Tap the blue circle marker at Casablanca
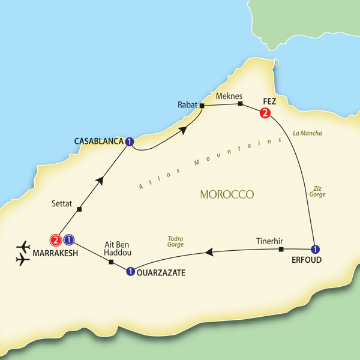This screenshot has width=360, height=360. tap(129, 142)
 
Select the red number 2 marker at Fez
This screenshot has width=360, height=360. tap(263, 113)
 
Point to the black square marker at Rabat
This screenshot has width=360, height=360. tap(202, 106)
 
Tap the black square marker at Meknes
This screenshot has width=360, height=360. tap(239, 104)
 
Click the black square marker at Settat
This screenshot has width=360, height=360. tap(80, 209)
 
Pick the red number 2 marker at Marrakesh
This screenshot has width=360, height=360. tap(55, 240)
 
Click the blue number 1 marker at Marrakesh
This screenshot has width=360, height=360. tap(69, 240)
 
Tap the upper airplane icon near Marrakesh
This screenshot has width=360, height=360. tap(25, 246)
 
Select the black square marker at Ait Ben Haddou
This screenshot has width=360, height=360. tap(110, 262)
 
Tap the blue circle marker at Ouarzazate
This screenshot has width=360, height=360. tap(130, 272)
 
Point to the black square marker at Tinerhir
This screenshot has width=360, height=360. tap(281, 249)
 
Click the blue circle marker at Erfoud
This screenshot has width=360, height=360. tap(314, 249)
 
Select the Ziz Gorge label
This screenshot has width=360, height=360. tap(317, 191)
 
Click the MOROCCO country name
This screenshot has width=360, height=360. tap(226, 195)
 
